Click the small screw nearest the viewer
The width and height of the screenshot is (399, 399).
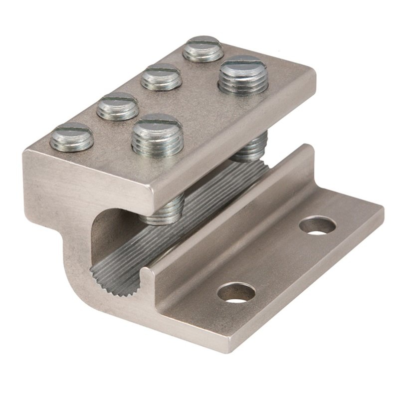(x=72, y=137)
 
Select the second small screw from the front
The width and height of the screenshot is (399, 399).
(x=117, y=106)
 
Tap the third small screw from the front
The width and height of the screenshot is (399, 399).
(x=161, y=77)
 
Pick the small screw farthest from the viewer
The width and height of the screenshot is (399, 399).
(x=202, y=48)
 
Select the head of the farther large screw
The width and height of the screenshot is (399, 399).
(x=243, y=75)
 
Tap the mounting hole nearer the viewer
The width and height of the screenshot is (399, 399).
(x=236, y=293)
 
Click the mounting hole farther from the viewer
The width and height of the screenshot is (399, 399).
(x=317, y=225)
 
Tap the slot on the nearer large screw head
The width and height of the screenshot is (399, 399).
(x=156, y=122)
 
